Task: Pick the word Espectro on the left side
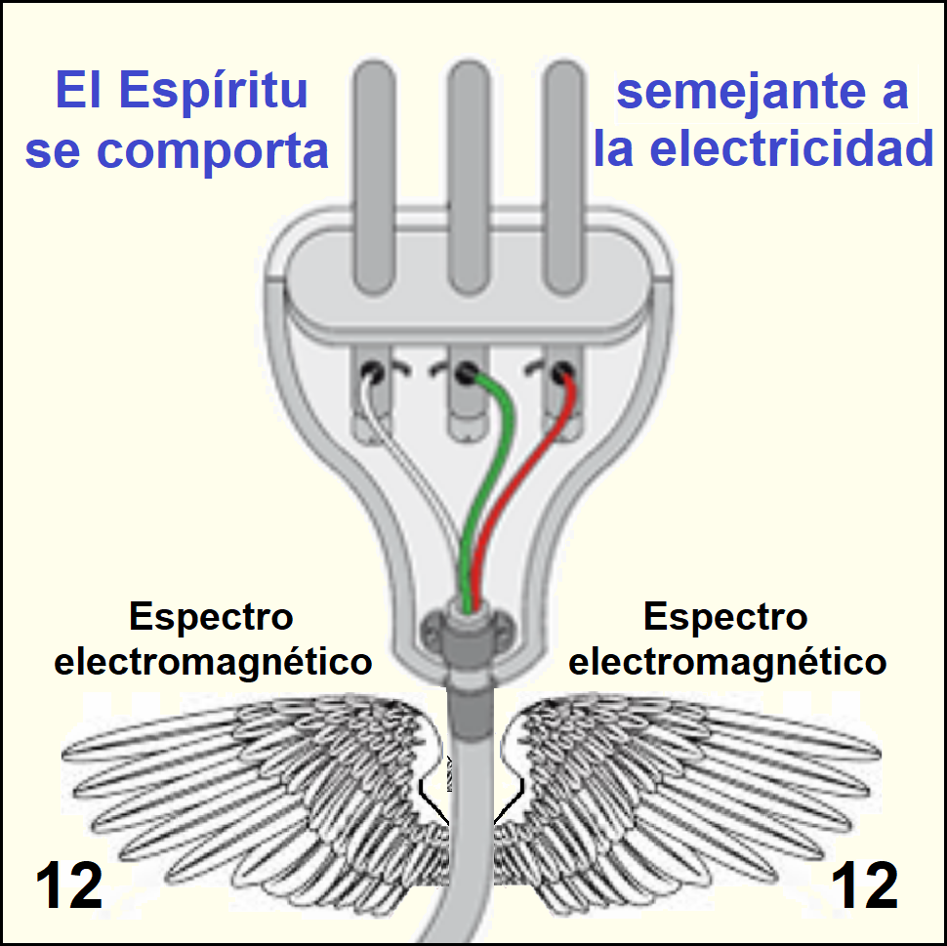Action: click(211, 618)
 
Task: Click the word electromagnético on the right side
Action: click(727, 662)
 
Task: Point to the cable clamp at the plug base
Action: click(468, 630)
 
